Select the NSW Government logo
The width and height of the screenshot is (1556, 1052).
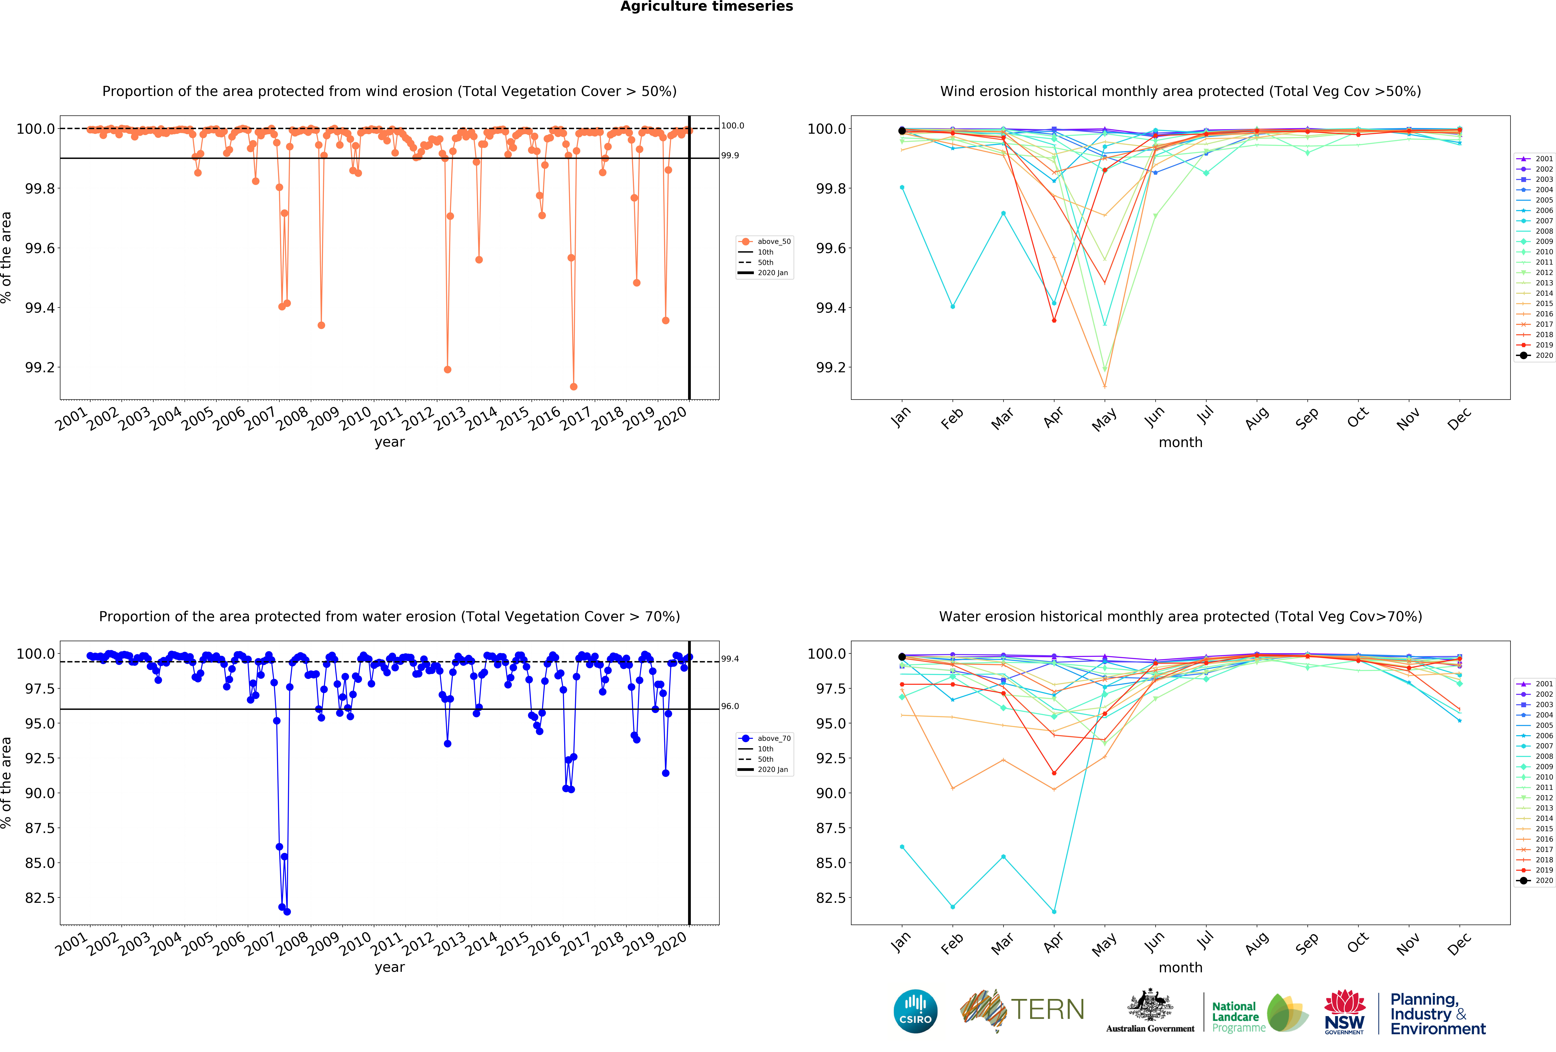1344,1012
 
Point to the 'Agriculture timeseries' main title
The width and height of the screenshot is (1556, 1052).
706,7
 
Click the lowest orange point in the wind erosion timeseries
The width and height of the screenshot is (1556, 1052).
573,386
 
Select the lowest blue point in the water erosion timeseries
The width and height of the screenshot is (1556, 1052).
287,911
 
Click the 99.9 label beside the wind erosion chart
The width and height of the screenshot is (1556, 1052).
730,155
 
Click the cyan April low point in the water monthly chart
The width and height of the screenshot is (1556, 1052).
1054,911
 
